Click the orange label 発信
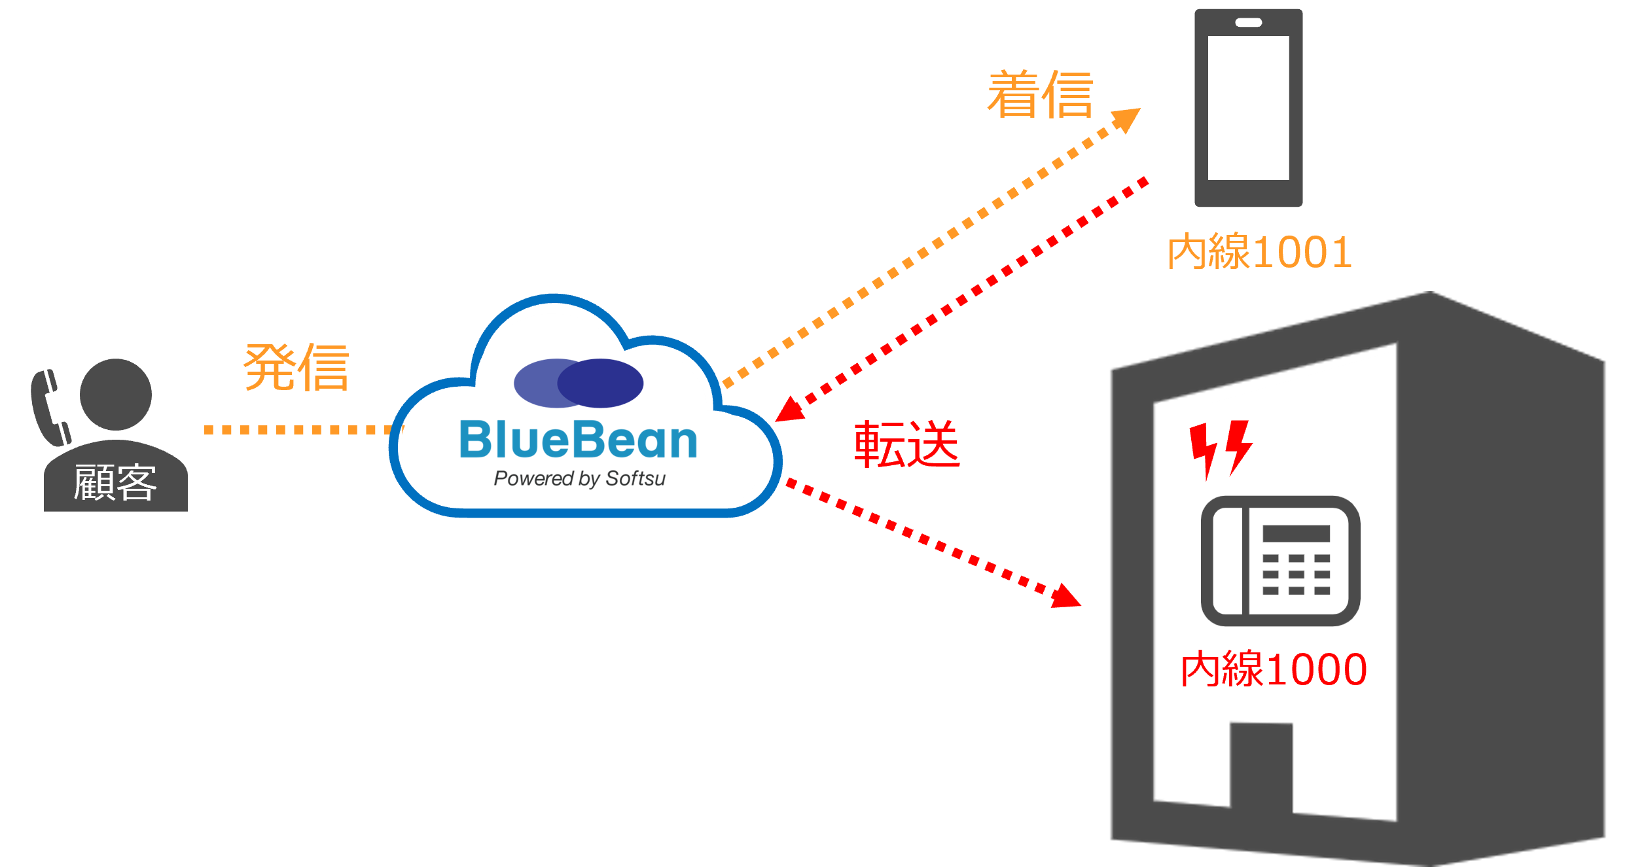(x=296, y=367)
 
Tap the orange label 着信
(x=1040, y=96)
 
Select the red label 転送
(x=907, y=444)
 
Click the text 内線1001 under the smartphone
(x=1260, y=252)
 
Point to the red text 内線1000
(x=1274, y=669)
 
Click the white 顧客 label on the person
(x=115, y=483)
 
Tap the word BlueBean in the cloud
(x=579, y=440)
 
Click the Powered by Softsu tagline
(x=579, y=478)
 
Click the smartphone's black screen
(x=1248, y=108)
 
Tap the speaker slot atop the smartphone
(x=1248, y=23)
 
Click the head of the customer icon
(x=116, y=394)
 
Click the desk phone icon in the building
(x=1280, y=561)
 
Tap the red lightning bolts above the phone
(x=1221, y=448)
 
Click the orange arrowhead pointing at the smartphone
(x=1127, y=119)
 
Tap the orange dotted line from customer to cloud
(x=298, y=430)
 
